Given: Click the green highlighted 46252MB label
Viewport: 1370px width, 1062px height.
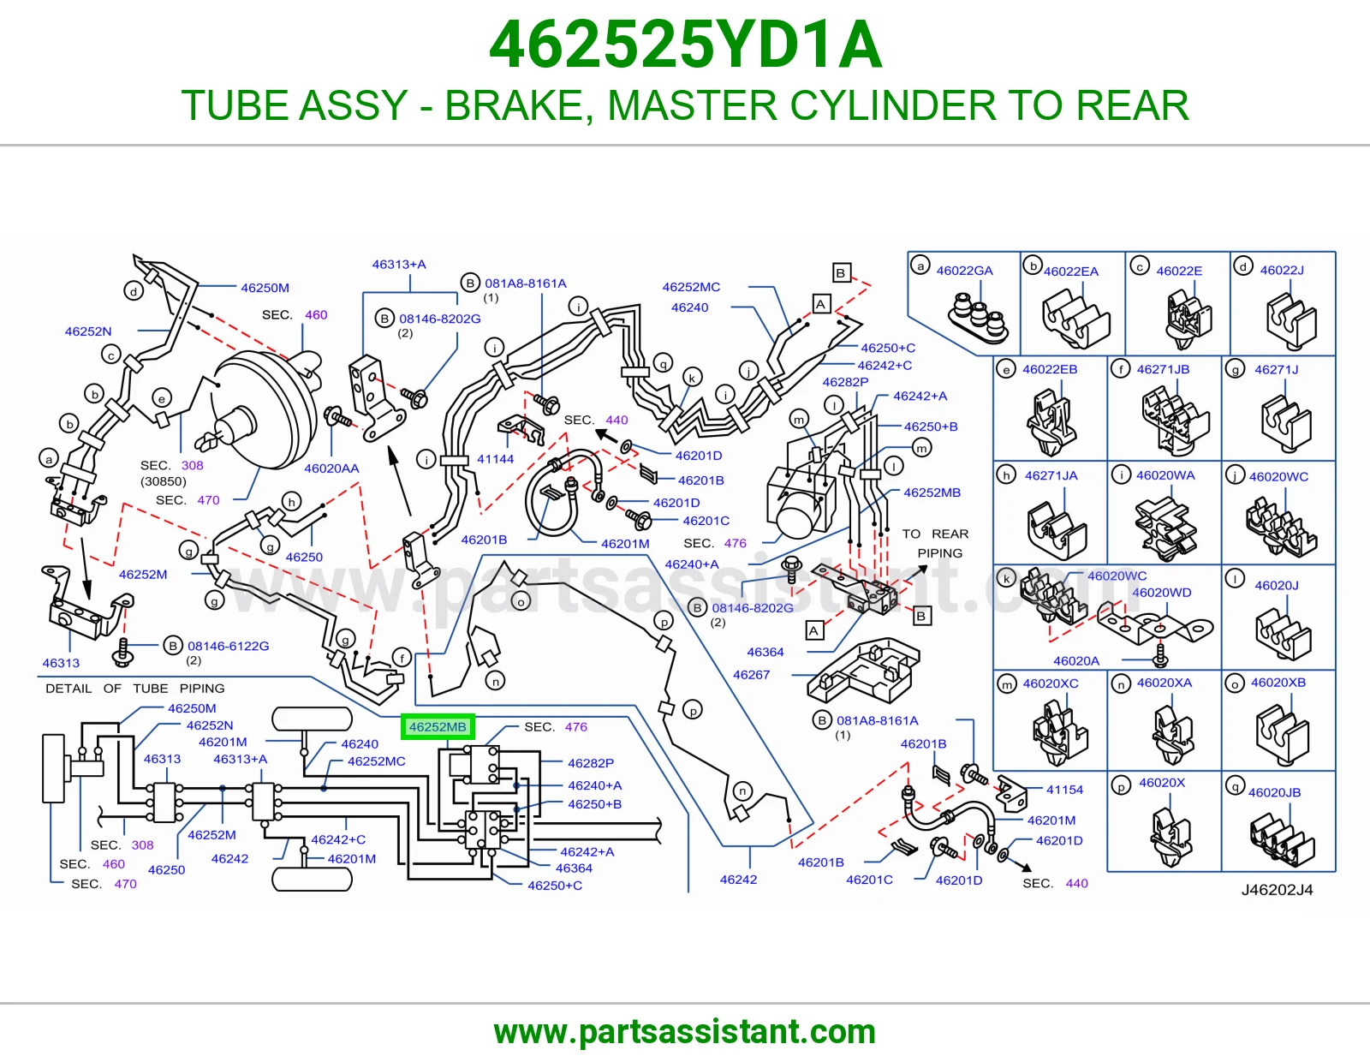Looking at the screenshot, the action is pyautogui.click(x=438, y=727).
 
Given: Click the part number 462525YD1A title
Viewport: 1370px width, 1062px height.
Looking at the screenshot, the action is pyautogui.click(x=685, y=45).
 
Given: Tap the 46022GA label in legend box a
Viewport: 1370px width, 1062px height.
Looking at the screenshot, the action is pyautogui.click(x=964, y=271).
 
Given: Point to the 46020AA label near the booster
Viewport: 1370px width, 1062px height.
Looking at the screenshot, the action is pyautogui.click(x=331, y=468).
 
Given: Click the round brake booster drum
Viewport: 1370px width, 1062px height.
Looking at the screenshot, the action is pyautogui.click(x=265, y=410).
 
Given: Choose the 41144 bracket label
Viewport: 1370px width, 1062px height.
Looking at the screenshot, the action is pyautogui.click(x=495, y=459).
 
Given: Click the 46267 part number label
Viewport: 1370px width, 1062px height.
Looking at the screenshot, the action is pyautogui.click(x=751, y=675).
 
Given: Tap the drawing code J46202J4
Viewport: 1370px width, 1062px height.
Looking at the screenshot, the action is pyautogui.click(x=1277, y=890).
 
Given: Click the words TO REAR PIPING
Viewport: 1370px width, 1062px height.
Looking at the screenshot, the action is pyautogui.click(x=936, y=544).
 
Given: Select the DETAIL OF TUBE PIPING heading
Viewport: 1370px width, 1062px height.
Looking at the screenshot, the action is pyautogui.click(x=135, y=688).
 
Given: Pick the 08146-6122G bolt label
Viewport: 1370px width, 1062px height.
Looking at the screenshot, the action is pyautogui.click(x=229, y=646).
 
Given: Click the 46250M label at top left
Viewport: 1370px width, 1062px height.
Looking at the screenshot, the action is pyautogui.click(x=265, y=288).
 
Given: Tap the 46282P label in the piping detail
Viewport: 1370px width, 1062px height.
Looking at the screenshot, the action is pyautogui.click(x=591, y=763).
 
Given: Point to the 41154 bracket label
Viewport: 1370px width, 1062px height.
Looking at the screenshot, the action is pyautogui.click(x=1064, y=790).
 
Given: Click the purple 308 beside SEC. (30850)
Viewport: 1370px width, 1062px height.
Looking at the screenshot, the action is pyautogui.click(x=193, y=465).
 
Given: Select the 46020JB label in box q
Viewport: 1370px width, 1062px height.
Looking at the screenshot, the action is pyautogui.click(x=1274, y=793).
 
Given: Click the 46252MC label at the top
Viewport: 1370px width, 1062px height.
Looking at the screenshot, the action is pyautogui.click(x=691, y=287).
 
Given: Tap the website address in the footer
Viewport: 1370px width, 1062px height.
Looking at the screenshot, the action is pyautogui.click(x=685, y=1032).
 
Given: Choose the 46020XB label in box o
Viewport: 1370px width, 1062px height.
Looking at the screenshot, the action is pyautogui.click(x=1278, y=683).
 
